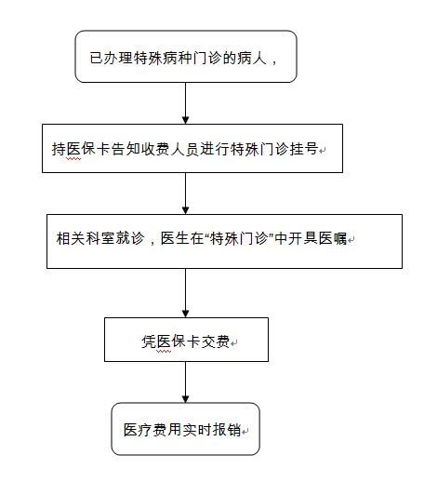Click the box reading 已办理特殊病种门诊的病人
[x=186, y=57]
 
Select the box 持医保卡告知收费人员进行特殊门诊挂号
[x=192, y=148]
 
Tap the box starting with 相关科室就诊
[x=224, y=242]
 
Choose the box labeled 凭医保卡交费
[x=186, y=340]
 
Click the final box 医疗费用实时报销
[x=186, y=429]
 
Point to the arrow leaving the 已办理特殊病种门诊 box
[x=186, y=103]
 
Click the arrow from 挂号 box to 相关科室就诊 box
[x=186, y=194]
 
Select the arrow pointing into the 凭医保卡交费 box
[x=186, y=293]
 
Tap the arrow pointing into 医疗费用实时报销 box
[x=186, y=382]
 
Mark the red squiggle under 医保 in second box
[x=73, y=159]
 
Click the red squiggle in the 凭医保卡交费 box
[x=164, y=352]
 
